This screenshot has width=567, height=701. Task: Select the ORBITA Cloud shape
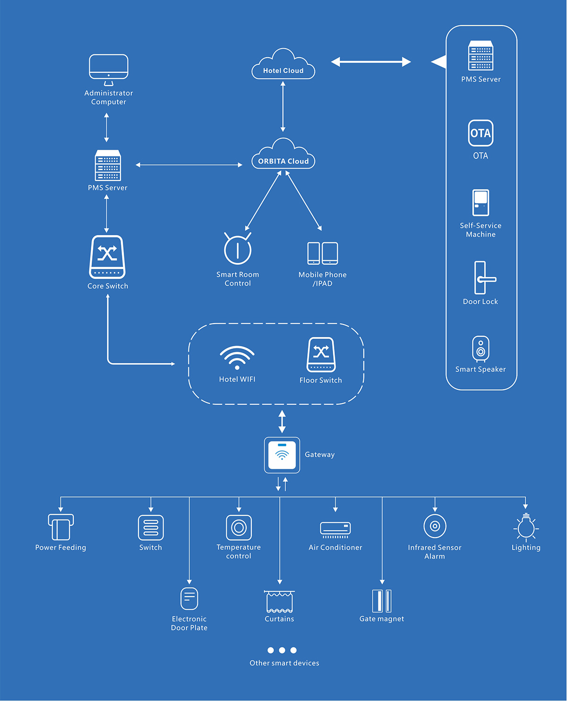point(283,155)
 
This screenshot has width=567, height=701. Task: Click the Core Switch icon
point(107,257)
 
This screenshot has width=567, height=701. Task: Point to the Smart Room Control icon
point(238,248)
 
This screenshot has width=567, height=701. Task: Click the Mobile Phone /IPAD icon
point(323,253)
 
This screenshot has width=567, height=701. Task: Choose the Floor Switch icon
point(321,354)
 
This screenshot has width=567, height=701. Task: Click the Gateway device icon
point(282,455)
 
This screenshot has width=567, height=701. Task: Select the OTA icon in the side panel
point(481,133)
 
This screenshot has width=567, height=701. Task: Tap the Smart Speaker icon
point(481,349)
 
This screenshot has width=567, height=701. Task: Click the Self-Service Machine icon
point(481,203)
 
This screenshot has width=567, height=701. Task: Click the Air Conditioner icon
point(335,529)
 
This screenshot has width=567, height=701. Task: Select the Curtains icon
point(279,601)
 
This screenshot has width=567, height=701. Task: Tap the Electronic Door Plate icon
point(189,598)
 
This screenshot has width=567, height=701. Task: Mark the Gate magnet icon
point(382,601)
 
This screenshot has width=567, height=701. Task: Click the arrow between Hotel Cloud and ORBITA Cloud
point(283,107)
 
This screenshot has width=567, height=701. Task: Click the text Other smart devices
point(284,663)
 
